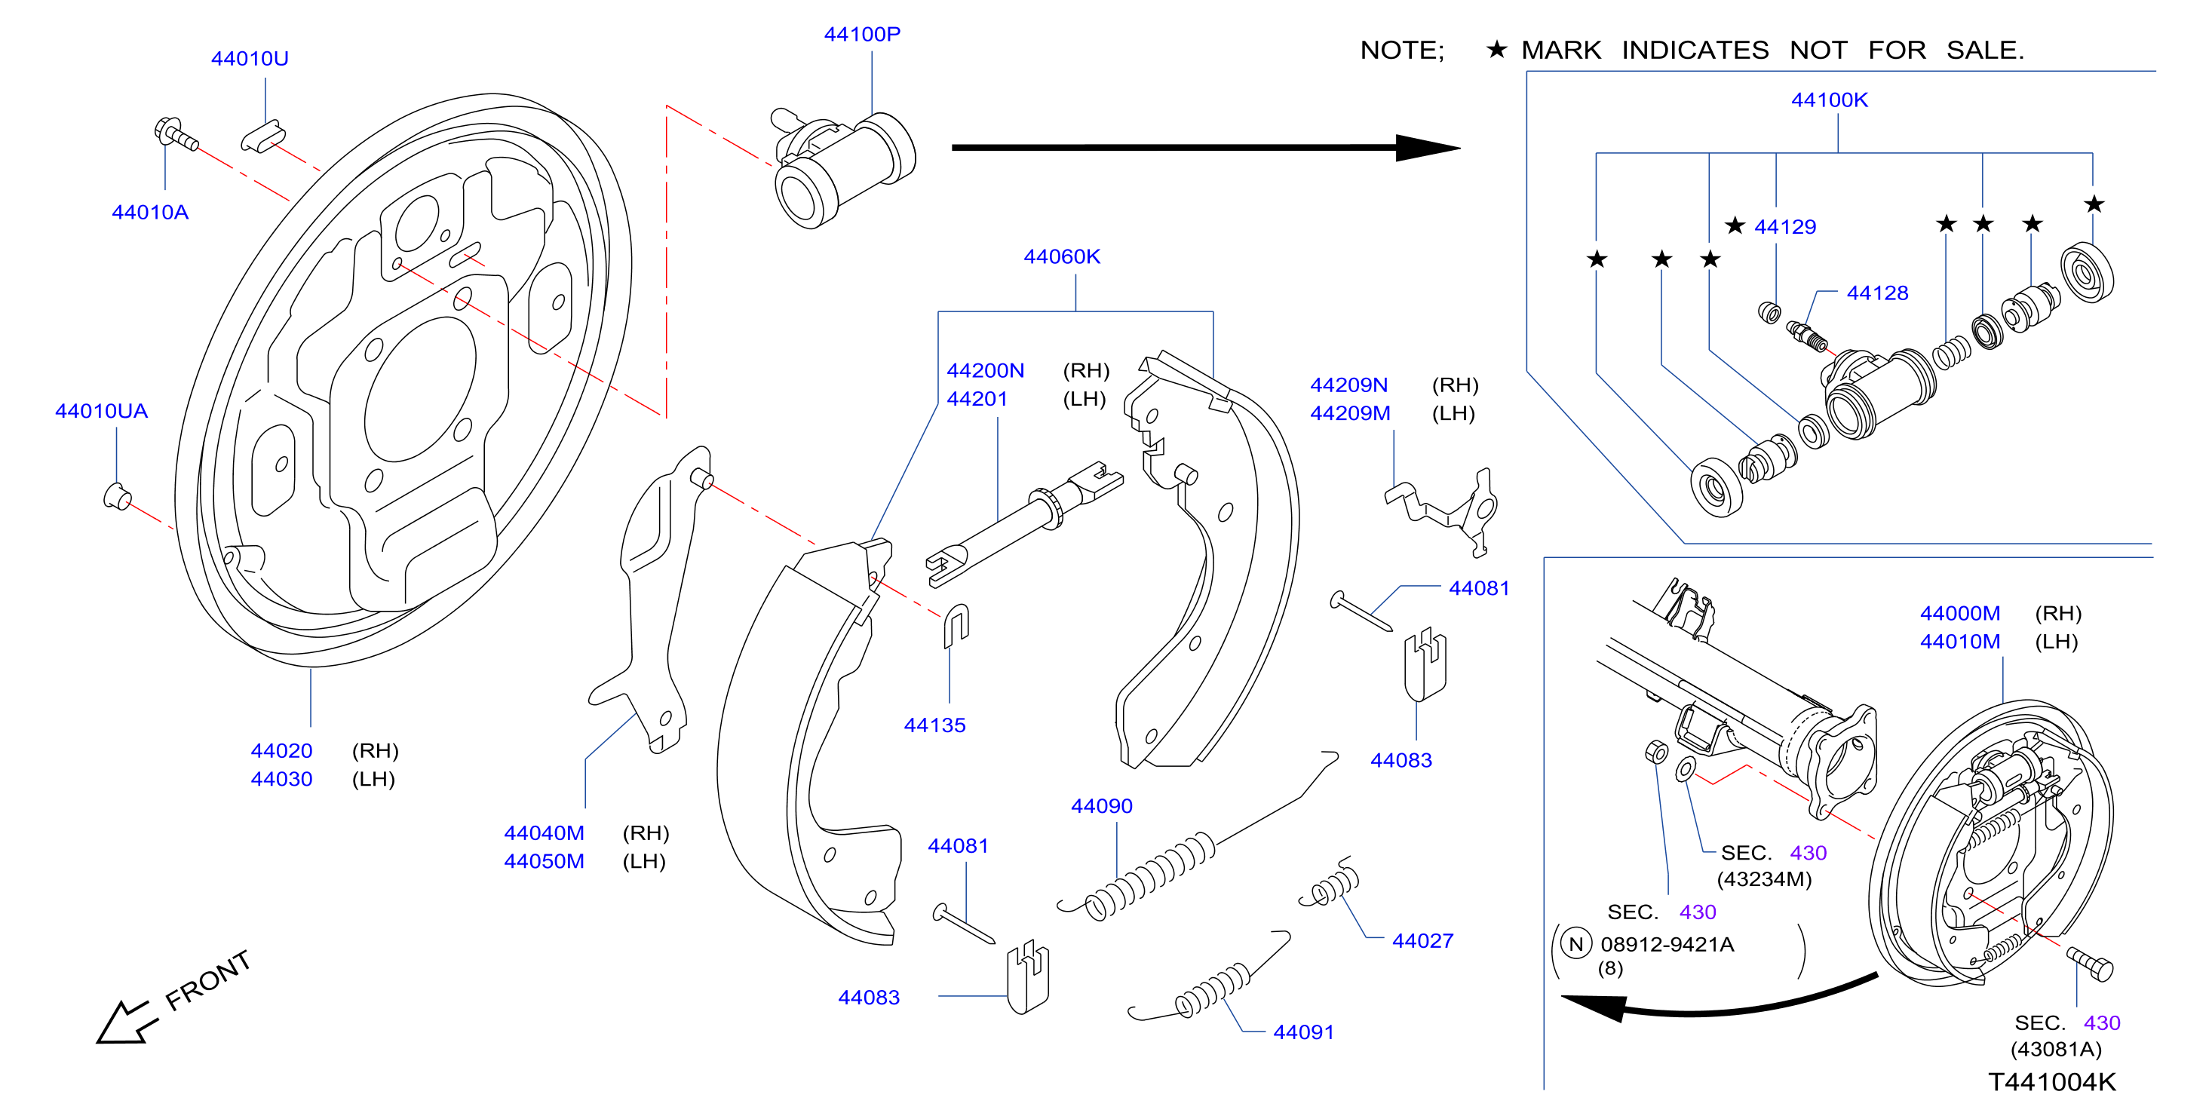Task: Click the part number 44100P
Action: (862, 35)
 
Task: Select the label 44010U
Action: (250, 58)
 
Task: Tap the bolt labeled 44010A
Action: (176, 134)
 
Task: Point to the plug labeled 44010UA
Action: (117, 496)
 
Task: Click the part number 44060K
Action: (1062, 257)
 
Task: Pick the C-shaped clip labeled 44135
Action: (956, 626)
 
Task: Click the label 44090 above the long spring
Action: (1102, 806)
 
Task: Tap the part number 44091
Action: (1303, 1032)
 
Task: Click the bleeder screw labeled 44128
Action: (1807, 336)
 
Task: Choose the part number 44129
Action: (1785, 227)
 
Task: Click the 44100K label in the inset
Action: (1829, 100)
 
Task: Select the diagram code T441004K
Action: (2052, 1082)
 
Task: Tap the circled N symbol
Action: (1575, 945)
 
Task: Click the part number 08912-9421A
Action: (1667, 945)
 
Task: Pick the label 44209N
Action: (1348, 385)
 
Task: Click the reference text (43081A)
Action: (2056, 1050)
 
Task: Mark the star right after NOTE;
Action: (1497, 49)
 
